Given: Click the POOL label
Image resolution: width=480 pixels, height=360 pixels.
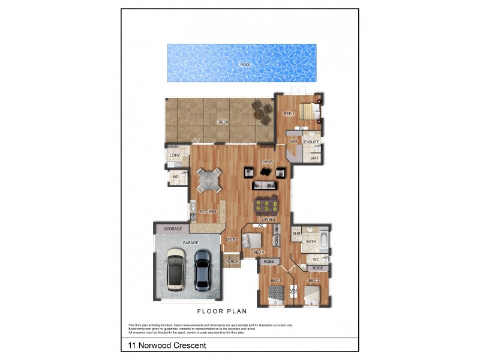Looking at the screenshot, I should [244, 64].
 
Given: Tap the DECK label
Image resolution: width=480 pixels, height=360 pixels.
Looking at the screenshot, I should [224, 122].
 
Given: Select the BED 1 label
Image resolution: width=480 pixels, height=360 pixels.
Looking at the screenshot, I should [289, 114].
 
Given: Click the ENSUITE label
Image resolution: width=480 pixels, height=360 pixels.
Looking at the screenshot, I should [311, 142].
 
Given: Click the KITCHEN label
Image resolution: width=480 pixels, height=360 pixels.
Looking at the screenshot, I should [208, 212].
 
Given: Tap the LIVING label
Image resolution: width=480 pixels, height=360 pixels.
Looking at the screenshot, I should [267, 161].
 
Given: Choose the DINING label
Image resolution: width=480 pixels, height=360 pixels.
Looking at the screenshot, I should [268, 220].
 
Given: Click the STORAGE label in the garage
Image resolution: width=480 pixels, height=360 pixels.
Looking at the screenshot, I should [173, 229].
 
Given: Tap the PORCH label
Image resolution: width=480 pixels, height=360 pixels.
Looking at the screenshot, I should [232, 262].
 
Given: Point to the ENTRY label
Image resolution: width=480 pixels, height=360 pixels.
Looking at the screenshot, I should [232, 240].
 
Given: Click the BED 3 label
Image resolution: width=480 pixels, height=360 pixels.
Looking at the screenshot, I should [276, 281].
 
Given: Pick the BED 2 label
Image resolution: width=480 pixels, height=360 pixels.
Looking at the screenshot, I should [313, 281].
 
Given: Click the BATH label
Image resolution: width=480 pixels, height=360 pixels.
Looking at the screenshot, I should [311, 242].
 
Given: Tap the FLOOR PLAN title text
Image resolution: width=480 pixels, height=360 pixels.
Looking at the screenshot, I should [222, 311].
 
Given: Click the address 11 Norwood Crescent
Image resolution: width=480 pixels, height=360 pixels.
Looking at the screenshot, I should [167, 345].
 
